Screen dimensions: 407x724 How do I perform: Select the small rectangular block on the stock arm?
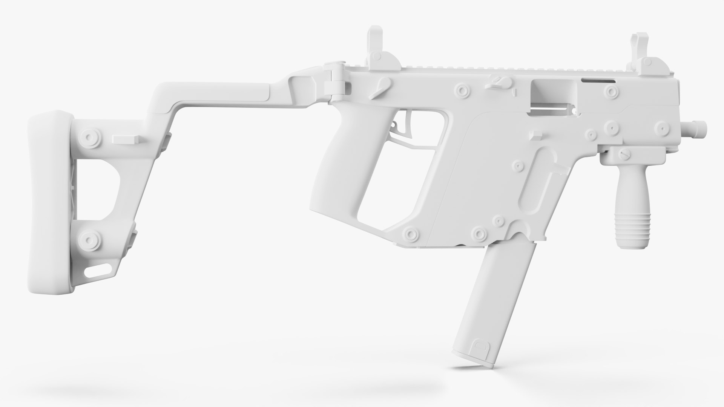[x=126, y=140]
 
